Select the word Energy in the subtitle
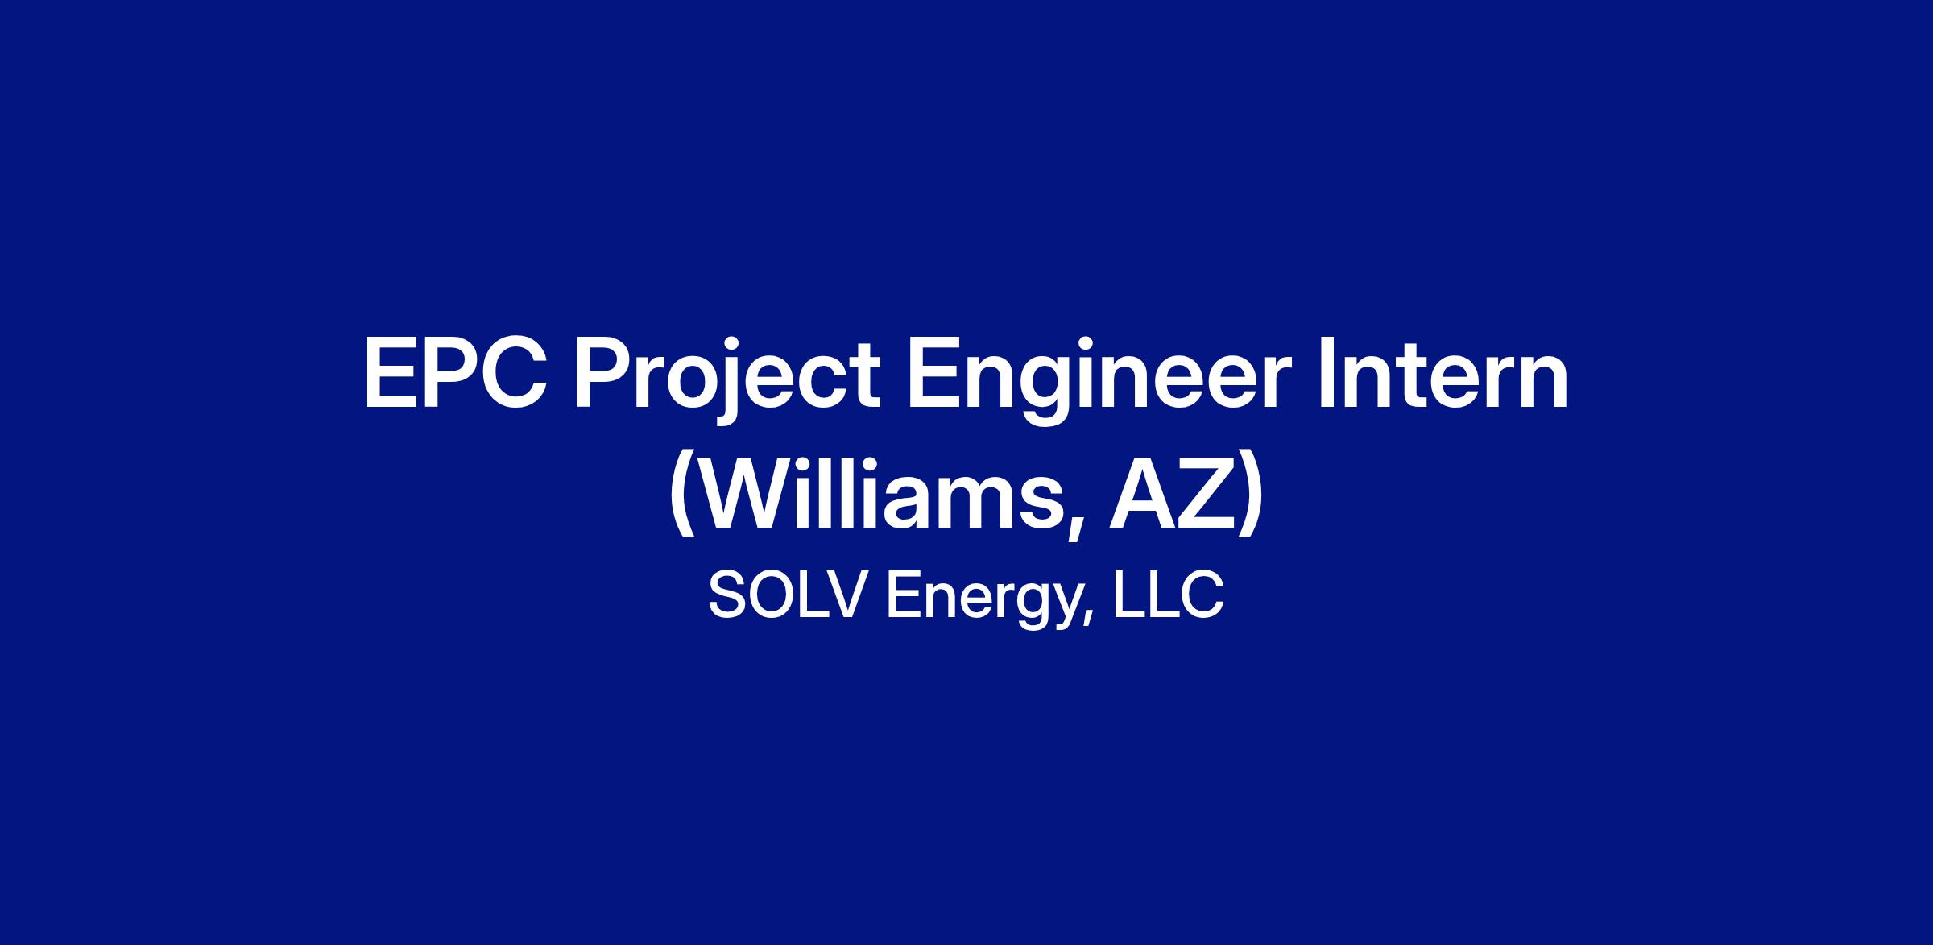(x=983, y=600)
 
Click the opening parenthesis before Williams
(x=681, y=502)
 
